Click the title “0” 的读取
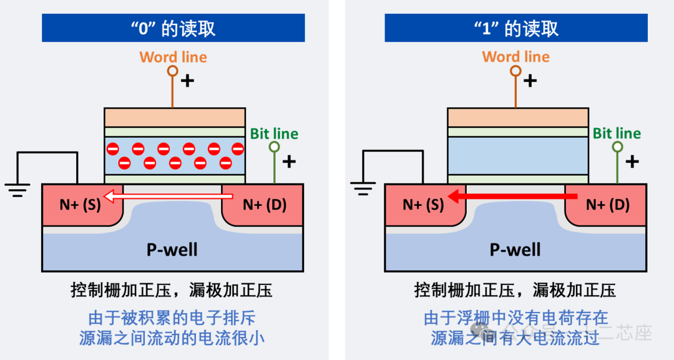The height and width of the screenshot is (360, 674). (173, 28)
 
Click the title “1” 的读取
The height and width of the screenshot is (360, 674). (515, 28)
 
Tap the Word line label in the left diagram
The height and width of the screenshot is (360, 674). (173, 57)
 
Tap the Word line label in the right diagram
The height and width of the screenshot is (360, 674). (515, 57)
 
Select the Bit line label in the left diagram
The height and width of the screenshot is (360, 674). (274, 134)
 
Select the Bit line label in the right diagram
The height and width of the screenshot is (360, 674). (617, 134)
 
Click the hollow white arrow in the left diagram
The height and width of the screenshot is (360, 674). (168, 198)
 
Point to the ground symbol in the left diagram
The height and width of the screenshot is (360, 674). (17, 188)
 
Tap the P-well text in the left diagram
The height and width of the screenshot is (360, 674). (172, 250)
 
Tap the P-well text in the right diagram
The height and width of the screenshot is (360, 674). (515, 250)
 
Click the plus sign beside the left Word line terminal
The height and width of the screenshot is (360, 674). (187, 80)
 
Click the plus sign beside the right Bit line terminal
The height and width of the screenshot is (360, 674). (632, 162)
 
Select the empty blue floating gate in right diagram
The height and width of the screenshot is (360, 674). (517, 155)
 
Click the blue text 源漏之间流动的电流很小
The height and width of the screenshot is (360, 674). (172, 338)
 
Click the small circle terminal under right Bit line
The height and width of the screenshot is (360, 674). (617, 147)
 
